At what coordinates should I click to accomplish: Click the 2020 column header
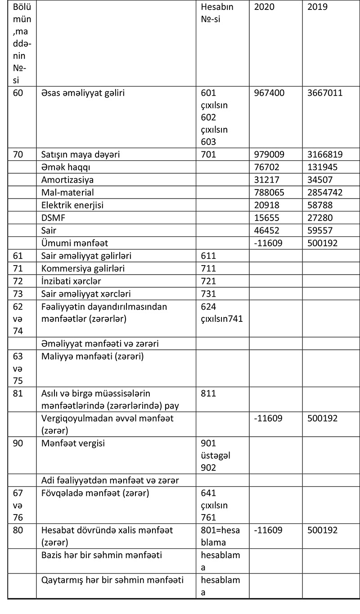coord(265,7)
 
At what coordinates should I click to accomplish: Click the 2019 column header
coord(318,7)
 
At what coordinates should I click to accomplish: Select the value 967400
coord(270,94)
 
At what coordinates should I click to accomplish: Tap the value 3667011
coord(325,94)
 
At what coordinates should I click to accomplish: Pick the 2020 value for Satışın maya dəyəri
coord(270,155)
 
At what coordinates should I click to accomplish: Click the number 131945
coord(322,167)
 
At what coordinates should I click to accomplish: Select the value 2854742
coord(325,193)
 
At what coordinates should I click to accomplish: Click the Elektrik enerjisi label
coord(72,205)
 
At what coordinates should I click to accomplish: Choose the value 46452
coord(267,230)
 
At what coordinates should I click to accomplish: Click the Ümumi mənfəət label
coord(74,243)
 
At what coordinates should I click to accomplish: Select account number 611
coord(209,256)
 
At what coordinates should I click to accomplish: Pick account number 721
coord(209,281)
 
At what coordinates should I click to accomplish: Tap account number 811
coord(209,393)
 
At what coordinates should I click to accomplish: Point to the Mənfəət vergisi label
coord(73,443)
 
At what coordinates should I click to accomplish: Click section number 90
coord(18,443)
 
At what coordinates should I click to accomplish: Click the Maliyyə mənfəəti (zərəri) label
coord(92,357)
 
